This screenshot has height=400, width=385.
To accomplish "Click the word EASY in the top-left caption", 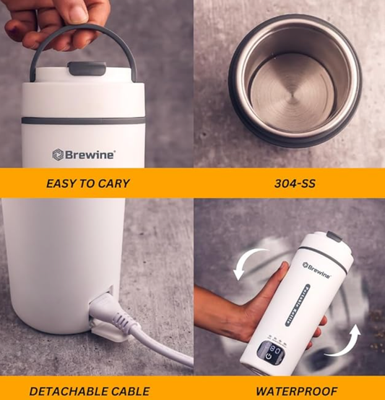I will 61,183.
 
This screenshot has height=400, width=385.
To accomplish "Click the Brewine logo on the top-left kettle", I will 84,154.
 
